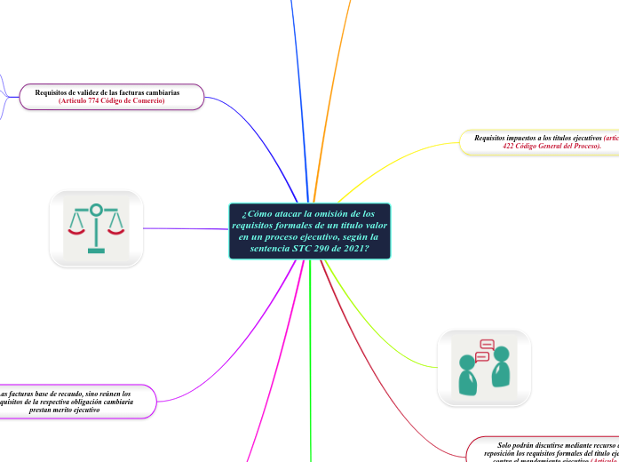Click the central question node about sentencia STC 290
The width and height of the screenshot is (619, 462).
[309, 231]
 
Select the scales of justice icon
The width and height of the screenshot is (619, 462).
[96, 228]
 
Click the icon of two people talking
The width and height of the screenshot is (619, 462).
[484, 368]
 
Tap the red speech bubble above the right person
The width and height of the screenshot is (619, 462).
[487, 345]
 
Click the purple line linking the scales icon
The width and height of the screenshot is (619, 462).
[186, 229]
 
